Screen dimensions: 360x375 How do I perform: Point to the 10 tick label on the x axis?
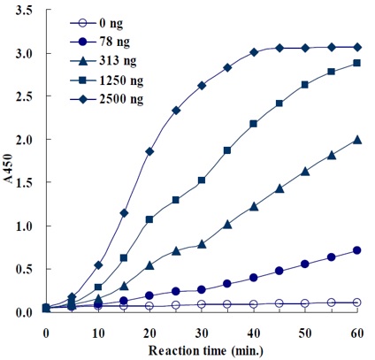coord(98,330)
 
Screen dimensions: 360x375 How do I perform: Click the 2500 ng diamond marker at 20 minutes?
coord(149,151)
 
